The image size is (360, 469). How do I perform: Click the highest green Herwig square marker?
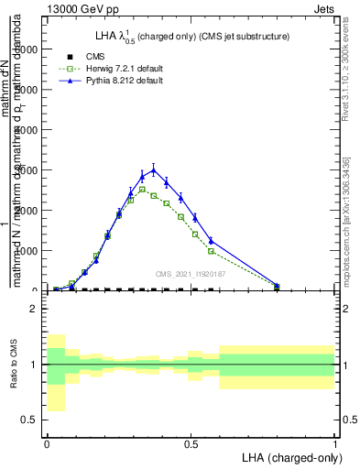click(x=142, y=190)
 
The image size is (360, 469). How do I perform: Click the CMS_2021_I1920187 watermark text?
click(x=191, y=274)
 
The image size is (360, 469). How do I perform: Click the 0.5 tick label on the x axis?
click(x=191, y=442)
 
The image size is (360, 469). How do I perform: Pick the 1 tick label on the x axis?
click(x=334, y=442)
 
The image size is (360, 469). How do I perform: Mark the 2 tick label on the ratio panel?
click(x=33, y=310)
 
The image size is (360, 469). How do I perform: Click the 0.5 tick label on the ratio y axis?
click(x=29, y=420)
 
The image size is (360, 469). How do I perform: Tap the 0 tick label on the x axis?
click(x=46, y=442)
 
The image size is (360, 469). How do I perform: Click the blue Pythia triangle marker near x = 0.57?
click(x=211, y=241)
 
